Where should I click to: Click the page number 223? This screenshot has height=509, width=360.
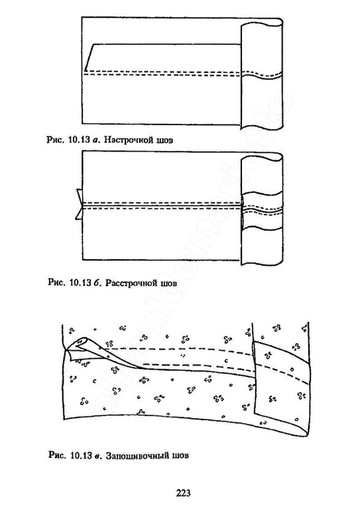pos(183,493)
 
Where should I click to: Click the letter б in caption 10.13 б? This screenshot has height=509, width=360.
pos(96,282)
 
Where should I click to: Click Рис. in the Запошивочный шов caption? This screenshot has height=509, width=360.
pos(57,455)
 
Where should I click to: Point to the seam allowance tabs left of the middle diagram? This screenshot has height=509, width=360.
pos(79,204)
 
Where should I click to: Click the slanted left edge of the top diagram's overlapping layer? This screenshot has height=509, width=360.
pos(89,57)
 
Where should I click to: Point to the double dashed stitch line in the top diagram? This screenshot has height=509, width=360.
pos(163,74)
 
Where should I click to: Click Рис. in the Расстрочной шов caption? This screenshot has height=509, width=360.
pos(56,282)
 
